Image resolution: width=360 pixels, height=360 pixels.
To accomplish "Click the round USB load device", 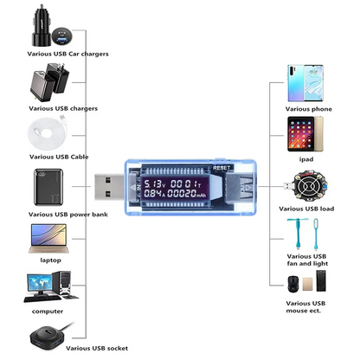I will click(x=308, y=186).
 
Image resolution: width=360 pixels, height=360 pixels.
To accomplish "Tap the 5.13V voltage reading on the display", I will click(x=156, y=183).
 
